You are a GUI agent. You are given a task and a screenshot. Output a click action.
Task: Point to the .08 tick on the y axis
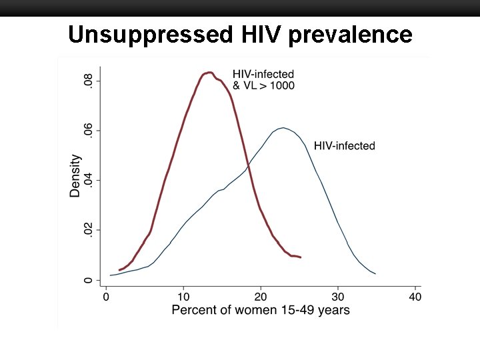88,81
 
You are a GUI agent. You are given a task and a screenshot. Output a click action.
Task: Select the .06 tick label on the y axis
88,131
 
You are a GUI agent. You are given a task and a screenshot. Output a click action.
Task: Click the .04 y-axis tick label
88,181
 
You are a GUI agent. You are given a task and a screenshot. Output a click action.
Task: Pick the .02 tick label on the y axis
88,230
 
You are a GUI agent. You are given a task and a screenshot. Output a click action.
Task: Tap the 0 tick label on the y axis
88,280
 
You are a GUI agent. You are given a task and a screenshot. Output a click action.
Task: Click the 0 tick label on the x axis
106,296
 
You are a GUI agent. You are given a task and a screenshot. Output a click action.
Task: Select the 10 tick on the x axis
183,296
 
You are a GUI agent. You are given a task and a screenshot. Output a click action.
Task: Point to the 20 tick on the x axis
261,296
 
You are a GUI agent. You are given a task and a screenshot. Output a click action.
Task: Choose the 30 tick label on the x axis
338,296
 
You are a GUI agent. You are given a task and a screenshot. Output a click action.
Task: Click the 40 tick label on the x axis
415,296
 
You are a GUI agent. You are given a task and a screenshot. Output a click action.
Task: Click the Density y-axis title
75,176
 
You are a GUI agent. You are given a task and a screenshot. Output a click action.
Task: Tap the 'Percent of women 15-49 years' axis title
261,310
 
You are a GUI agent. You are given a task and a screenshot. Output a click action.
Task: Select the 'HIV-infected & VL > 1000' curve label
263,79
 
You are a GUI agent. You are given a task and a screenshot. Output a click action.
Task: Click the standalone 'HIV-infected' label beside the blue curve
345,145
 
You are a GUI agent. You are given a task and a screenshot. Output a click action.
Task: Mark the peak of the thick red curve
209,72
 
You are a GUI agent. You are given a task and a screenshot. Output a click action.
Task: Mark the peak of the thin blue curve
283,127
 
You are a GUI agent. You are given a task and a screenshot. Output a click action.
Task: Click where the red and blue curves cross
247,165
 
